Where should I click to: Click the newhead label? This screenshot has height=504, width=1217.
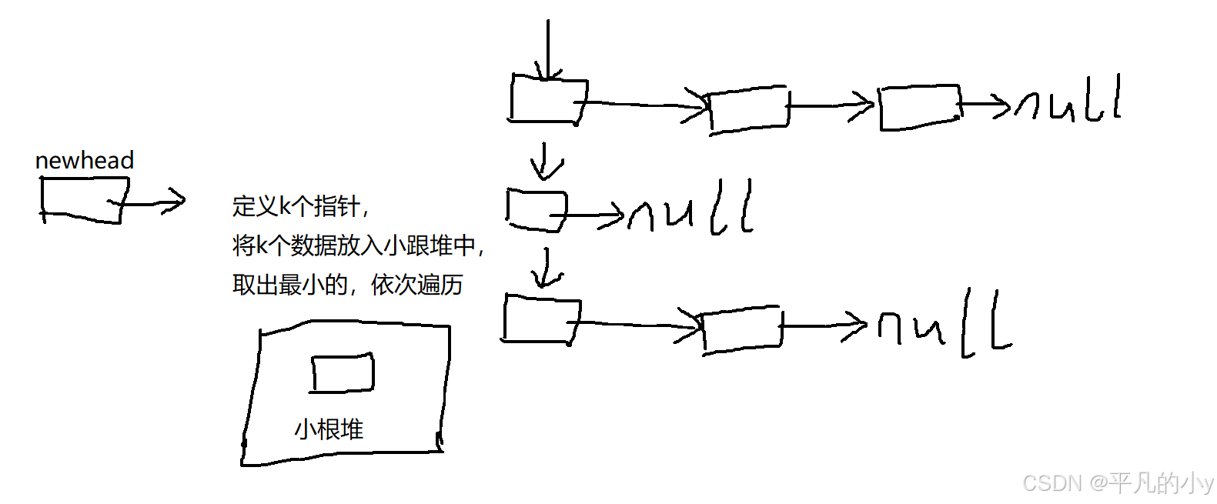click(x=85, y=160)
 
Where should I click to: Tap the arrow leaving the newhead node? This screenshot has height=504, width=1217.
click(x=154, y=202)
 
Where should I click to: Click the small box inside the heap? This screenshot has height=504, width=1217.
click(x=343, y=373)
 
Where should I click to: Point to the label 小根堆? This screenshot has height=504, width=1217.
click(x=329, y=429)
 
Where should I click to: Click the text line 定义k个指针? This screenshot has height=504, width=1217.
click(x=301, y=206)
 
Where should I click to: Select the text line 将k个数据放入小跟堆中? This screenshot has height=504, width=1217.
click(x=358, y=245)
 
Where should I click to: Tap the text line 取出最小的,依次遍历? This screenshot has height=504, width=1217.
click(x=347, y=285)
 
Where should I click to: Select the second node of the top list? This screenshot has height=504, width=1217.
click(x=748, y=109)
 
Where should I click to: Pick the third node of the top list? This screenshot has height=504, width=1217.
click(x=920, y=107)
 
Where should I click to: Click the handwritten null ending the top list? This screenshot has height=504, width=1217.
click(x=1068, y=102)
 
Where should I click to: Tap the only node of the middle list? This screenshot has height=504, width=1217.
click(x=537, y=209)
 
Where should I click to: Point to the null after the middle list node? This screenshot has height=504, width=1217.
click(x=690, y=209)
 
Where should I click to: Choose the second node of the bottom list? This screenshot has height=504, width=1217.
click(x=742, y=329)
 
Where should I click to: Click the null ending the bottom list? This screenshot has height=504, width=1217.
click(x=945, y=325)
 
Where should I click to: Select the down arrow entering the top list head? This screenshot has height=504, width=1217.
click(x=547, y=50)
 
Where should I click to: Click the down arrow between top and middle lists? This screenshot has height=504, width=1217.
click(x=546, y=161)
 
